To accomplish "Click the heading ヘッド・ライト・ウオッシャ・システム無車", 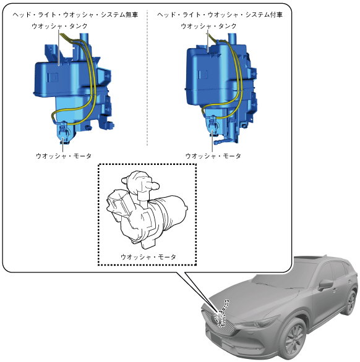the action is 75,15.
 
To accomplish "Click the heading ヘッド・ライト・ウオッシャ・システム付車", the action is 220,15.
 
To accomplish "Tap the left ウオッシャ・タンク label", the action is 59,26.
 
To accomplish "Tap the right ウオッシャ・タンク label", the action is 209,26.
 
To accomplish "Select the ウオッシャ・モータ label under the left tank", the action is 64,156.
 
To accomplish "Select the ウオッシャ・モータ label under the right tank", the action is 213,156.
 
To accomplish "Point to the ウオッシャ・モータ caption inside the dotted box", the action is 148,257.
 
